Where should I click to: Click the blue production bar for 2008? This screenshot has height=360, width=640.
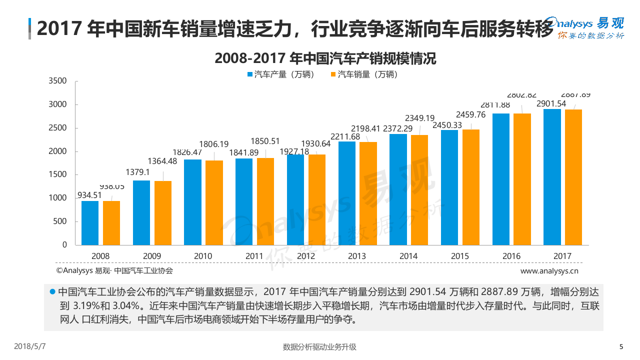click(x=90, y=223)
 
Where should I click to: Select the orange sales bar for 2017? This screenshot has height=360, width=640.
click(x=573, y=177)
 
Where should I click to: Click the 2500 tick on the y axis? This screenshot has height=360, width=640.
click(x=58, y=128)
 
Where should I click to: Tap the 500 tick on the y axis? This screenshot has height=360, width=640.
click(x=61, y=221)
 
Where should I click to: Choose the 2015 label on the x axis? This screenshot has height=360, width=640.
click(x=460, y=256)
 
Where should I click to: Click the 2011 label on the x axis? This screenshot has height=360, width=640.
click(x=254, y=256)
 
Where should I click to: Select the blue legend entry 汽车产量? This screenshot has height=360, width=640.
click(x=280, y=74)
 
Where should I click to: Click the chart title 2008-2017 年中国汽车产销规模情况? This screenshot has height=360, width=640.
click(x=325, y=58)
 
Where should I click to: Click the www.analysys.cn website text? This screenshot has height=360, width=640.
click(x=549, y=271)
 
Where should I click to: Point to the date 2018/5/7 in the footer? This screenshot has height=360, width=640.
click(x=30, y=346)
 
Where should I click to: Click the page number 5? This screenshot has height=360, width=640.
click(x=621, y=346)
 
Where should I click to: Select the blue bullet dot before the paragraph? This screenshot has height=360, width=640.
click(x=52, y=291)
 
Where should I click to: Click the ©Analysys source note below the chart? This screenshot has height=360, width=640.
click(x=114, y=270)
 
